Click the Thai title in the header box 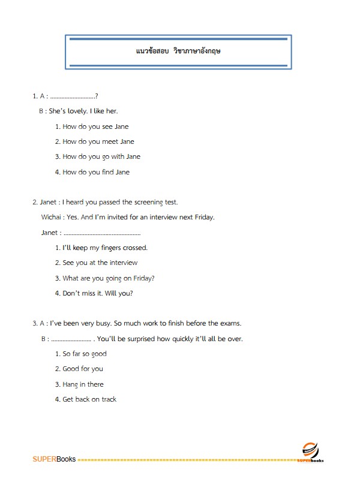click(x=179, y=52)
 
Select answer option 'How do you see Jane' click(x=95, y=126)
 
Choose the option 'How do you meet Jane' click(x=98, y=141)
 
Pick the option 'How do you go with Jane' click(x=101, y=156)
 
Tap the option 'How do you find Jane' click(x=96, y=172)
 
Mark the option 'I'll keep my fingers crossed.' click(x=105, y=248)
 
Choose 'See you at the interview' click(x=100, y=263)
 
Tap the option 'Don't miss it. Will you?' click(x=98, y=293)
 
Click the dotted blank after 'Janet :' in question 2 click(x=101, y=233)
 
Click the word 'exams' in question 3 click(x=230, y=323)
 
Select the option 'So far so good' click(x=85, y=354)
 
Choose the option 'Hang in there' click(x=83, y=384)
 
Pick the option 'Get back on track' click(x=89, y=399)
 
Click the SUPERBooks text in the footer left click(x=54, y=459)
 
